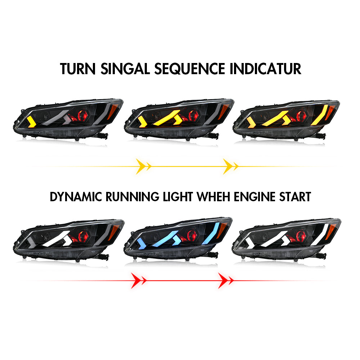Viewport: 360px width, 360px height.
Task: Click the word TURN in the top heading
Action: pyautogui.click(x=78, y=69)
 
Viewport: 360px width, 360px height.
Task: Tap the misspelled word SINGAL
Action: pyautogui.click(x=125, y=69)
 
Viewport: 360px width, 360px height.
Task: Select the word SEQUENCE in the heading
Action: pyautogui.click(x=190, y=69)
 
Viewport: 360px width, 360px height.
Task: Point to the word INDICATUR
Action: pyautogui.click(x=265, y=69)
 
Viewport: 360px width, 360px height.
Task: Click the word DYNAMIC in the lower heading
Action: pyautogui.click(x=76, y=197)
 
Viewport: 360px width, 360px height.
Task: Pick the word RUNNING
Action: pyautogui.click(x=132, y=197)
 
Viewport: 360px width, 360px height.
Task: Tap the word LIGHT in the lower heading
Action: pyautogui.click(x=178, y=197)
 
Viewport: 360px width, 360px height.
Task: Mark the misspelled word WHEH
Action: pyautogui.click(x=213, y=197)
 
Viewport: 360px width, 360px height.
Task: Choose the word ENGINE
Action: pyautogui.click(x=255, y=197)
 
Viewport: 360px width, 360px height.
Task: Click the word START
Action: pyautogui.click(x=295, y=197)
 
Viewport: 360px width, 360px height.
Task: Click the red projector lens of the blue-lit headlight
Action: pyautogui.click(x=192, y=235)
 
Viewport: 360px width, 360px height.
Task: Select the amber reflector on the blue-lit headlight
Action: pyautogui.click(x=222, y=230)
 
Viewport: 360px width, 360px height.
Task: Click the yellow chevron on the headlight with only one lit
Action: pyautogui.click(x=32, y=122)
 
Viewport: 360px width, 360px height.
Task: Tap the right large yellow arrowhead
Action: pyautogui.click(x=228, y=166)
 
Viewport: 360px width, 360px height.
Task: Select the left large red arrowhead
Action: pyautogui.click(x=136, y=280)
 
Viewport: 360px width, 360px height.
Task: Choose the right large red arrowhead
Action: pyautogui.click(x=223, y=280)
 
